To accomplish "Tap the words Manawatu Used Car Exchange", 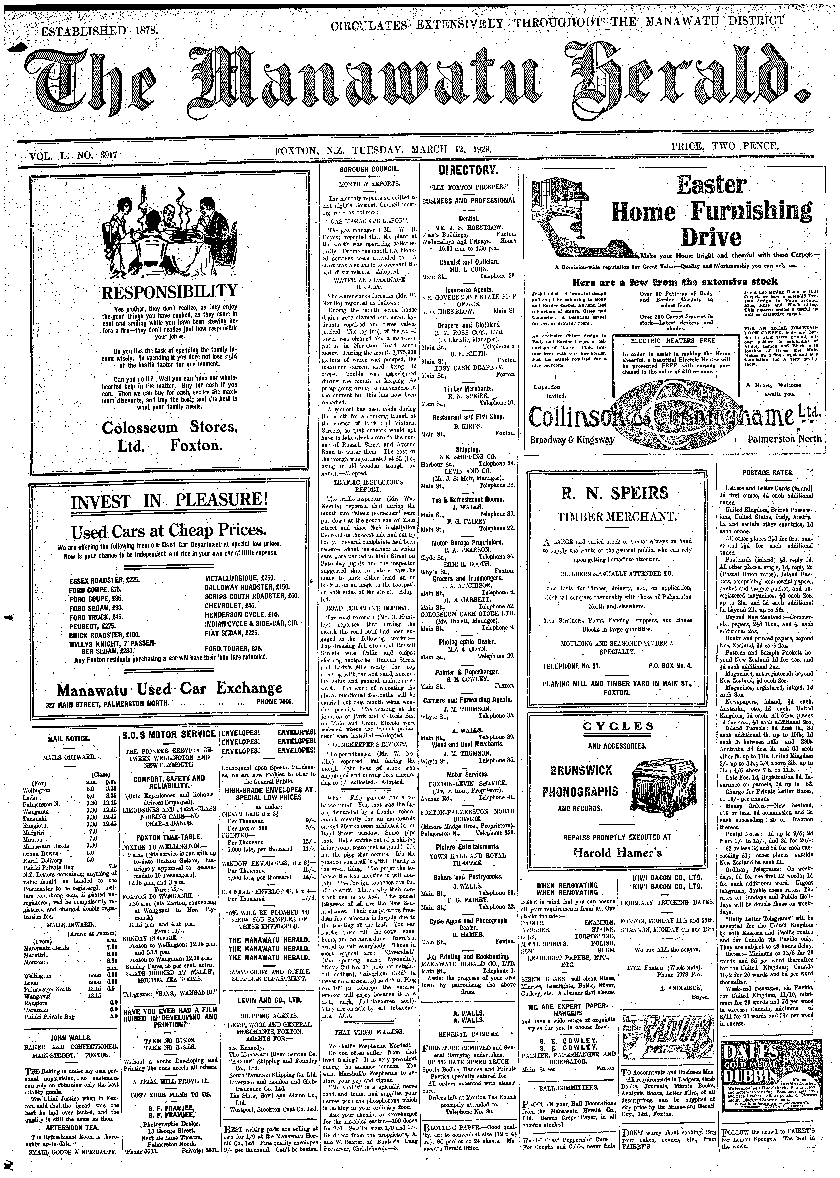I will pos(170,689).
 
